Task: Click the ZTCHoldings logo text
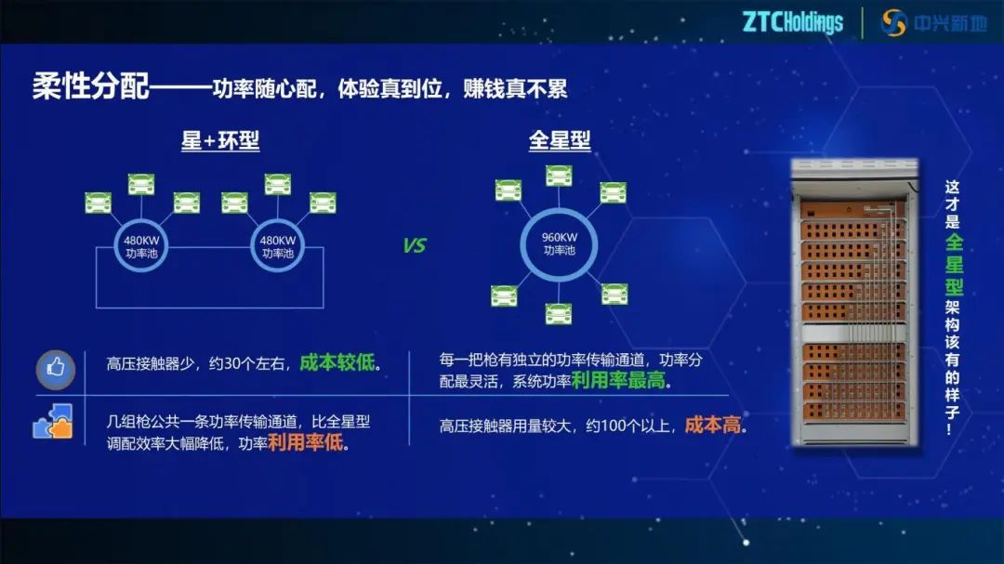tap(792, 22)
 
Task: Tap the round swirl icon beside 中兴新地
tap(894, 22)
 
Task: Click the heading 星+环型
tap(220, 141)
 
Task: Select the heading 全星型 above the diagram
tap(560, 141)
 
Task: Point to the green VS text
tap(415, 246)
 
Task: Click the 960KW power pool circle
tap(559, 243)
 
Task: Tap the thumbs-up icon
tap(55, 369)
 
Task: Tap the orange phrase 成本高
tap(714, 426)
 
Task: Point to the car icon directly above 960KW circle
tap(559, 175)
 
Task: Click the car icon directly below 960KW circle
tap(559, 313)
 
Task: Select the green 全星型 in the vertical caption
tap(953, 264)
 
